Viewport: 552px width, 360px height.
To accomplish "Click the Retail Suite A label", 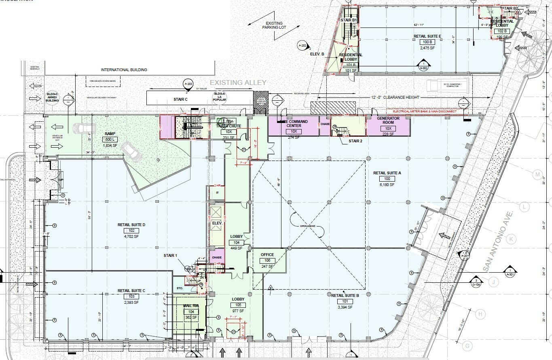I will (x=387, y=173).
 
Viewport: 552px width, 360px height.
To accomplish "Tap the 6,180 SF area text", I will (x=387, y=184).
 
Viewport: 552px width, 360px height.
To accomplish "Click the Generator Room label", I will (x=388, y=121).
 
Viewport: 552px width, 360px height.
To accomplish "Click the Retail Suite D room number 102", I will (x=131, y=231).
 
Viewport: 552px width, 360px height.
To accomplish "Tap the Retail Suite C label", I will (x=131, y=290).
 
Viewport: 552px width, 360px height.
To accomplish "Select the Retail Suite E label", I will (x=427, y=36).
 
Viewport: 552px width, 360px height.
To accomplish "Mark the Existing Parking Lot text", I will (x=274, y=25).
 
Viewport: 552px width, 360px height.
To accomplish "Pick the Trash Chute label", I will (x=228, y=126).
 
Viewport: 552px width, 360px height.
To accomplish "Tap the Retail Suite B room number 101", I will (x=345, y=301).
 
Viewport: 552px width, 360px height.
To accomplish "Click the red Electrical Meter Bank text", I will (x=422, y=111).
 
